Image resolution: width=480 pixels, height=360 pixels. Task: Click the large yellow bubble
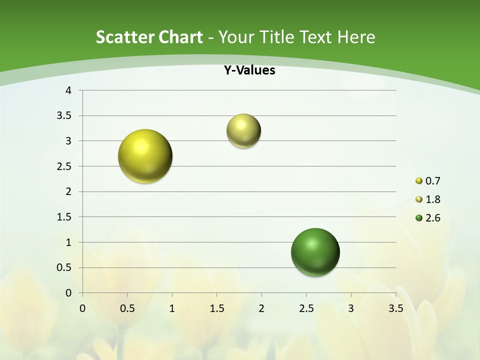click(145, 156)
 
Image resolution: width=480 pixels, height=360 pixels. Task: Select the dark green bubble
click(315, 252)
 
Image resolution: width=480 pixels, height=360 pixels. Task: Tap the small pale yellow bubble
click(243, 131)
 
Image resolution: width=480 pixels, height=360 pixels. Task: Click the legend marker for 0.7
click(419, 181)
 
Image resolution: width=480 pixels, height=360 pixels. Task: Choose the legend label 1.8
click(432, 199)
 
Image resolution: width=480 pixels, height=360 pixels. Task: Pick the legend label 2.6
click(432, 218)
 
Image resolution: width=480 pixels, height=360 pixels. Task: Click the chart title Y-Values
click(249, 70)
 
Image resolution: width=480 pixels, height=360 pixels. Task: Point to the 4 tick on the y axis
click(69, 90)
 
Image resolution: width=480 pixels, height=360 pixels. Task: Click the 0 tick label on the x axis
click(82, 308)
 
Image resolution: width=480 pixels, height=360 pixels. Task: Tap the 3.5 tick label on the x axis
click(396, 308)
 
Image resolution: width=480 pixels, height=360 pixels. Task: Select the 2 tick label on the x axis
click(261, 308)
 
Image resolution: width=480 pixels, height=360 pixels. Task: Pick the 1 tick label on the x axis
click(172, 308)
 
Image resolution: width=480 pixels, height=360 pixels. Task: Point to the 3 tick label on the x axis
click(351, 308)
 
